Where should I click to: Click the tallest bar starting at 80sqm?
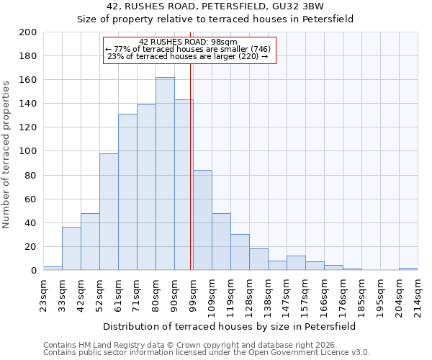pos(165,174)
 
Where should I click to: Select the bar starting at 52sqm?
pos(109,212)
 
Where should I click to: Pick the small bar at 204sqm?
pos(408,269)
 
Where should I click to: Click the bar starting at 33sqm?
pos(71,248)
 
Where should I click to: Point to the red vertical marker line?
pos(190,180)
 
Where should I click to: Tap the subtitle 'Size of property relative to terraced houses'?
pos(215,19)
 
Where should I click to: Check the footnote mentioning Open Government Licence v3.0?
pos(207,352)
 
